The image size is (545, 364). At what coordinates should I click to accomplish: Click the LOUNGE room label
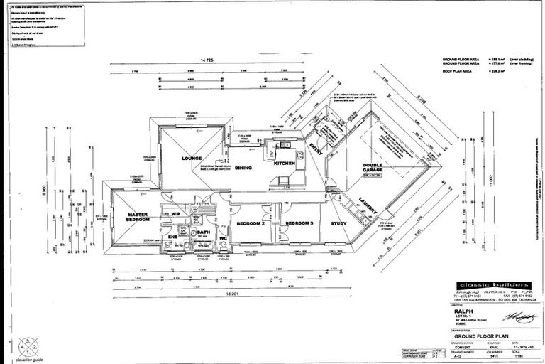(192, 159)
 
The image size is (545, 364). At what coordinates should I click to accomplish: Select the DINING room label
(243, 168)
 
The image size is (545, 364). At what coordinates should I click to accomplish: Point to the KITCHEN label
(283, 164)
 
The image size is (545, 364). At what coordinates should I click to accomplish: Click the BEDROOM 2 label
(250, 223)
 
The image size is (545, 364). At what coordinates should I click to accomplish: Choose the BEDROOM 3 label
(299, 223)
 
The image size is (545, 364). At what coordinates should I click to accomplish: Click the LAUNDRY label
(367, 204)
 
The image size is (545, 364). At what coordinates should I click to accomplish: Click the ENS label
(173, 237)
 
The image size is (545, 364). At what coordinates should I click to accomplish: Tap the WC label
(223, 237)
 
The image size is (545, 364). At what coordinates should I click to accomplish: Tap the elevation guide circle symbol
(28, 344)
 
